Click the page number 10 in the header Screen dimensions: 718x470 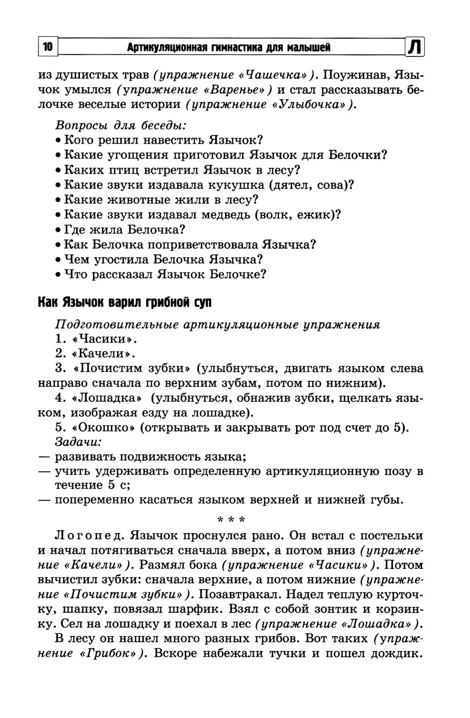coord(47,47)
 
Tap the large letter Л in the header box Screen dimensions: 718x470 coord(415,48)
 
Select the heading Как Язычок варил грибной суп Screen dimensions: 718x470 coord(125,303)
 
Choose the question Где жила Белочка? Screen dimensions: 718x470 coord(124,230)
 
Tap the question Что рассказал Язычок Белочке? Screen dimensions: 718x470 coord(165,274)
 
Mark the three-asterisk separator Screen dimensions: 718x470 coord(231,520)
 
